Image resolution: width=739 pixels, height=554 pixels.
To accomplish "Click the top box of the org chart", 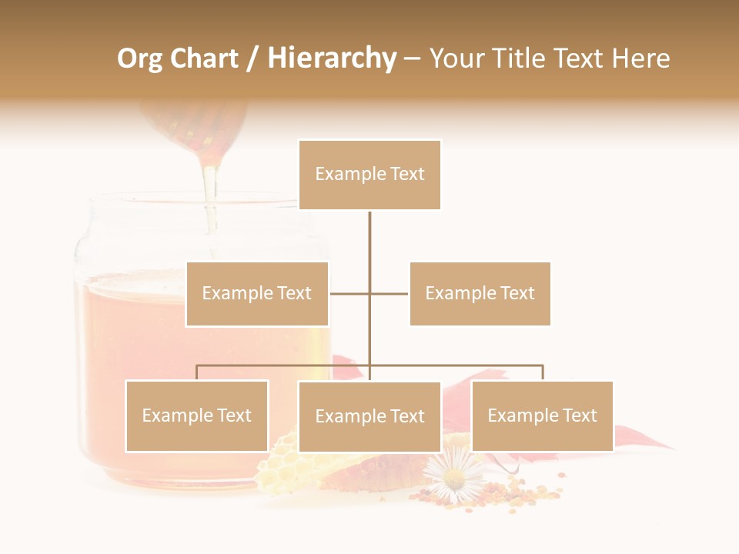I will pyautogui.click(x=369, y=175).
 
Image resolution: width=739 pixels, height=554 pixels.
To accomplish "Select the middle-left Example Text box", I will pyautogui.click(x=257, y=293).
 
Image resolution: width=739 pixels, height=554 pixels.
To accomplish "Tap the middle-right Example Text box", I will pyautogui.click(x=480, y=293).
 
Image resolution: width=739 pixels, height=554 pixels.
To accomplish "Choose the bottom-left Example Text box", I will pyautogui.click(x=197, y=415).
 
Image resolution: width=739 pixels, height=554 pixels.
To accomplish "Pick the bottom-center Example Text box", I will pyautogui.click(x=369, y=416).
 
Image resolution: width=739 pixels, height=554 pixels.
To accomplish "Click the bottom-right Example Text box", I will pyautogui.click(x=542, y=415).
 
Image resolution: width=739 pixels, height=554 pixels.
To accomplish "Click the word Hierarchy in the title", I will pyautogui.click(x=332, y=58).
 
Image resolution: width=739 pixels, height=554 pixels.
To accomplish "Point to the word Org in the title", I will pyautogui.click(x=141, y=58).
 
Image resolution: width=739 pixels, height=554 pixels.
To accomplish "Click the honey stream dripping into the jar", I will pyautogui.click(x=209, y=192).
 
